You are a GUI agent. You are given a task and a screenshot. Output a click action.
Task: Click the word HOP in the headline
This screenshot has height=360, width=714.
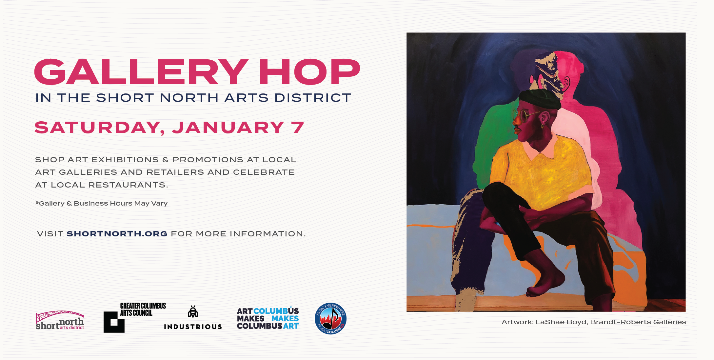(310, 72)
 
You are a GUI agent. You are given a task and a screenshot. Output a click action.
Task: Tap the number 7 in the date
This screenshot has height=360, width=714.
(298, 127)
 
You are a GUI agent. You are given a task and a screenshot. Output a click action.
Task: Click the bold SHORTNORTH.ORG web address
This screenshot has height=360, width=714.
(117, 234)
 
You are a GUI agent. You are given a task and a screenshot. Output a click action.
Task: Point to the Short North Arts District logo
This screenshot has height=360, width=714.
(60, 320)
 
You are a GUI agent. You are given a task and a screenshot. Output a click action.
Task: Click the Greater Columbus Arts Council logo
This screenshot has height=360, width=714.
(135, 317)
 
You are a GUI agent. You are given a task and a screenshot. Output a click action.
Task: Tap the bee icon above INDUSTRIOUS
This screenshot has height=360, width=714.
(193, 312)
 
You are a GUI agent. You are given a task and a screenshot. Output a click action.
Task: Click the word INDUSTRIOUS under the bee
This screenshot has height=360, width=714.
(193, 327)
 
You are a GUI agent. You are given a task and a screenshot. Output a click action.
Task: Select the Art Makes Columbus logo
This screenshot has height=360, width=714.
(268, 318)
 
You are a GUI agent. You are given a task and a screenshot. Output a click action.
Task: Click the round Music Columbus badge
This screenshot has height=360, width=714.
(330, 318)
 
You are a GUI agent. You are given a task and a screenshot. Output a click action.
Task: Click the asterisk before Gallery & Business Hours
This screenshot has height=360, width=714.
(37, 203)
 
